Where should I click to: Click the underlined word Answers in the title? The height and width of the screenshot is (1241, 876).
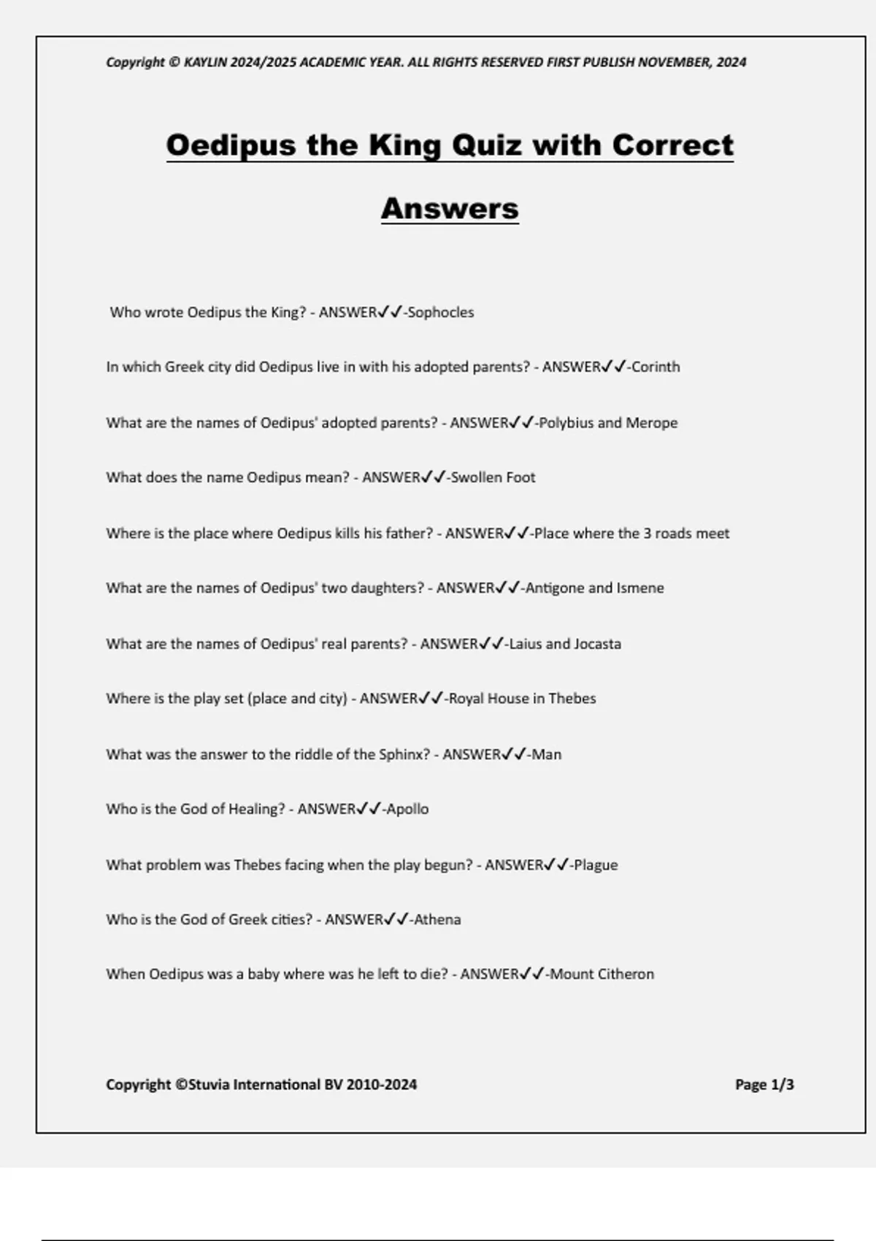450,209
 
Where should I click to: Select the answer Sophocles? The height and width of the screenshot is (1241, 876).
441,312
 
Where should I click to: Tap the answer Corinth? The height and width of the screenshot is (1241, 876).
656,367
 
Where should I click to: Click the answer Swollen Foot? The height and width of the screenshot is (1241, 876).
493,477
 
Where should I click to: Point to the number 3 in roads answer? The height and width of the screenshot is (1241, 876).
647,534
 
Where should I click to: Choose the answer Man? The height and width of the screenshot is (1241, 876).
547,755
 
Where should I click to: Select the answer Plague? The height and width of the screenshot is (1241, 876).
596,865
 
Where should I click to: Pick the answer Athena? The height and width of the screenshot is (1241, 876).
437,920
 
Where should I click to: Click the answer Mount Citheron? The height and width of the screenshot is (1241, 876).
602,975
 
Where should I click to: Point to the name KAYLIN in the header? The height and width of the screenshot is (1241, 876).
205,63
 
